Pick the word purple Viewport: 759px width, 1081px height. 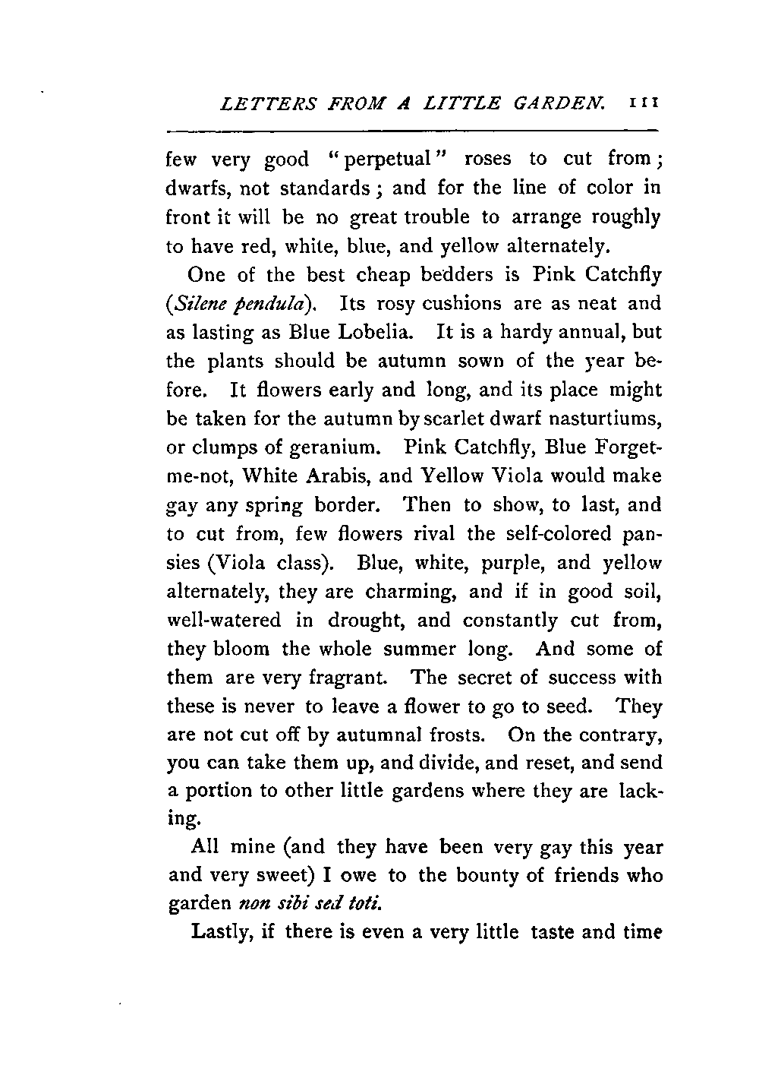coord(519,564)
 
